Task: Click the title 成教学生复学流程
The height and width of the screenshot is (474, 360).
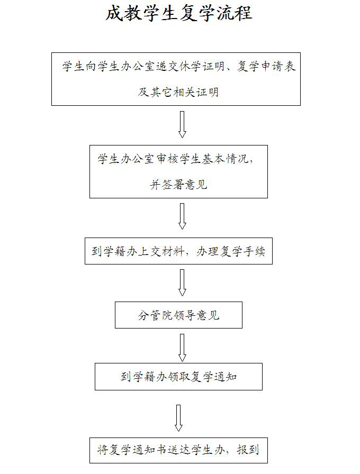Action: (178, 14)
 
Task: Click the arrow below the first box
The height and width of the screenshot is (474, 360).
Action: (182, 124)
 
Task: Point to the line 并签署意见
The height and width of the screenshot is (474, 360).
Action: (178, 185)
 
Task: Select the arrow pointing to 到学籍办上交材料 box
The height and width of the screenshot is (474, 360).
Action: (182, 216)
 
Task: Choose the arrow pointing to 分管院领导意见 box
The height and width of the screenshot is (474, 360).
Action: (182, 282)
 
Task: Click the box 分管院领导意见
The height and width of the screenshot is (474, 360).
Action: (178, 315)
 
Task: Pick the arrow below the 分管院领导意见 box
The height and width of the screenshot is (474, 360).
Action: (182, 347)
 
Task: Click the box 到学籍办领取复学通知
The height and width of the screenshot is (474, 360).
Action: (178, 377)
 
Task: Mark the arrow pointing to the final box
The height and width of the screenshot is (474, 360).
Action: (178, 418)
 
